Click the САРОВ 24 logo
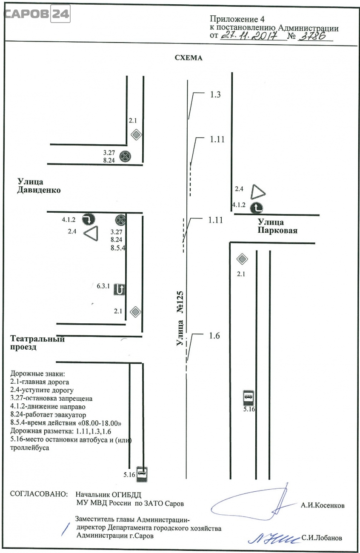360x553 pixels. click(37, 14)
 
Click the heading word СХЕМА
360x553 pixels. click(189, 58)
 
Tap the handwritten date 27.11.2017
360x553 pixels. click(249, 36)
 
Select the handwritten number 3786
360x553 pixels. click(312, 36)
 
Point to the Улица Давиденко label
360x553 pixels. click(39, 185)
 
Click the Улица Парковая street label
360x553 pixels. click(277, 226)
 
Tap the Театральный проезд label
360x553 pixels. click(37, 343)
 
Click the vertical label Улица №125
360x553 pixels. click(180, 318)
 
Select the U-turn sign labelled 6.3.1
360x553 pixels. click(120, 289)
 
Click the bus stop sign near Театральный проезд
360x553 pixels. click(142, 474)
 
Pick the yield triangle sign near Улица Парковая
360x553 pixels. click(258, 192)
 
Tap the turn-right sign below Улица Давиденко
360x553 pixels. click(89, 219)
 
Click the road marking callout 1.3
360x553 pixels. click(215, 94)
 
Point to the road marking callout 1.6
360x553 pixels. click(214, 336)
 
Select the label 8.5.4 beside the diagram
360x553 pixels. click(118, 248)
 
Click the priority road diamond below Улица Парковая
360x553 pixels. click(242, 259)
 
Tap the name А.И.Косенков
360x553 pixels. click(323, 506)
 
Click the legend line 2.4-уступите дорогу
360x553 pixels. click(42, 390)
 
